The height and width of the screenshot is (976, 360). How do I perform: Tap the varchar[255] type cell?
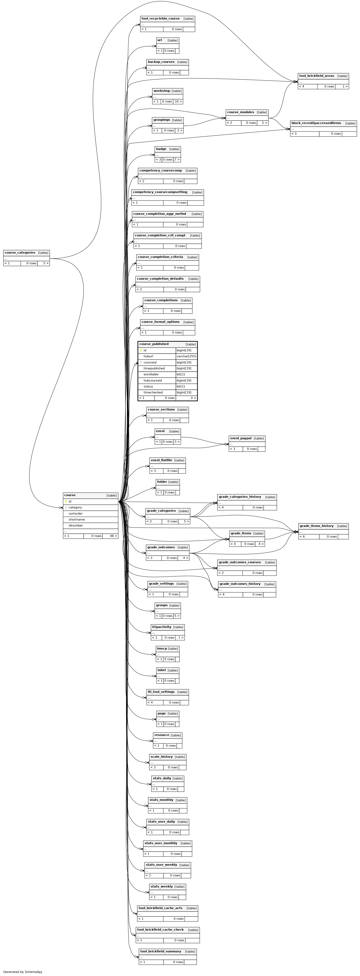186,356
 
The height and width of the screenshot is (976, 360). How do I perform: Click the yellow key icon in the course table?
66,501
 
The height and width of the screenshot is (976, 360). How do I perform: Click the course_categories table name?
20,253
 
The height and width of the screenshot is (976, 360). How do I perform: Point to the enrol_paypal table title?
241,438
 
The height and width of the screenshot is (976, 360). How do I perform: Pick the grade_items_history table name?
316,526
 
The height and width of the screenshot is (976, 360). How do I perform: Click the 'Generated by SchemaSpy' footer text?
23,972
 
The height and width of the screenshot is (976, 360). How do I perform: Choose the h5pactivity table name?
162,627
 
